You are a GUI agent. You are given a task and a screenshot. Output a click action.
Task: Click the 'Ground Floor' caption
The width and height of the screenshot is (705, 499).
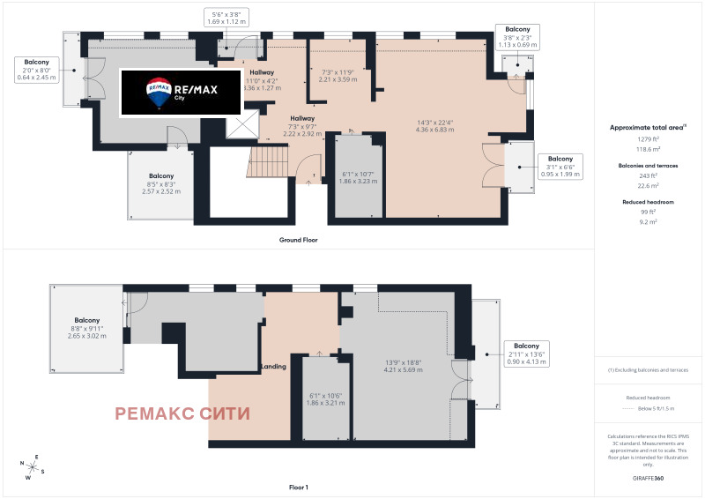tap(298, 240)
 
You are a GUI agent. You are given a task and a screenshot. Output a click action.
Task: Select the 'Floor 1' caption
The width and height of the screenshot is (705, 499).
tap(298, 487)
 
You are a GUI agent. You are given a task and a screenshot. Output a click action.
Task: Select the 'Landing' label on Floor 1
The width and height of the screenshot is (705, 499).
tap(272, 366)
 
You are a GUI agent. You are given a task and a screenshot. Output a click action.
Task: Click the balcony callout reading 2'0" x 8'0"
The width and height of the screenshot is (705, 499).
tap(36, 70)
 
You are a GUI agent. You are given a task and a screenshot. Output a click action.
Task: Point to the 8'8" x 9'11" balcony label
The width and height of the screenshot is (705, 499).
tap(86, 328)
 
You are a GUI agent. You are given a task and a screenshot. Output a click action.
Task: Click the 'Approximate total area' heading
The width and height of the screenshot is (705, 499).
tap(649, 127)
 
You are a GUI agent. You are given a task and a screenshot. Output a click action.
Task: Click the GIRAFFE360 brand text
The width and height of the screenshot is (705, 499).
tap(649, 476)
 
